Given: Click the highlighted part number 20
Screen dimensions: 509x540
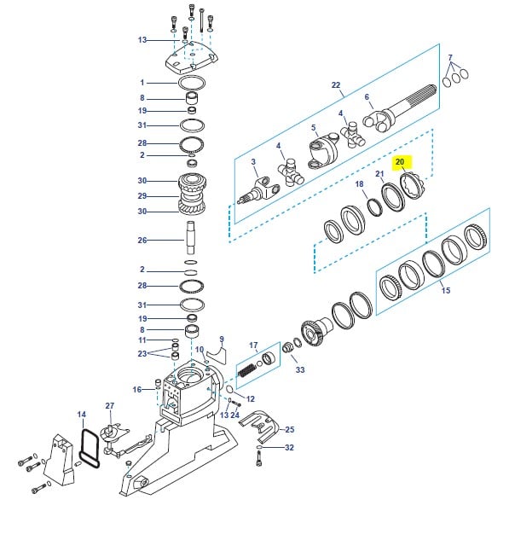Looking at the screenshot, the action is coord(400,162).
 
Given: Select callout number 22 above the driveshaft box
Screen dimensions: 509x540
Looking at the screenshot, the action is coord(336,84).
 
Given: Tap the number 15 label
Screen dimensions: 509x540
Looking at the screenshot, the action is coord(446,290).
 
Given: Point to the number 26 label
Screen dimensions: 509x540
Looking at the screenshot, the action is coord(142,240).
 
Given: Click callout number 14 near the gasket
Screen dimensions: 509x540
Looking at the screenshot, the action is coord(82,415).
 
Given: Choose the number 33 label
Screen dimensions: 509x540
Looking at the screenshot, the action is coord(300,369).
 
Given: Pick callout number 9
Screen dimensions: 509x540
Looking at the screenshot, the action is coord(222,340).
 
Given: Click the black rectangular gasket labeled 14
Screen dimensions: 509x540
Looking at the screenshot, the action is coord(90,448).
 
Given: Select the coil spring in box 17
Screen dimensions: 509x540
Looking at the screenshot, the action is coord(247,370).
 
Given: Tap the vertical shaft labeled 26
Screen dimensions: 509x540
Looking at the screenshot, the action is coord(191,238).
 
